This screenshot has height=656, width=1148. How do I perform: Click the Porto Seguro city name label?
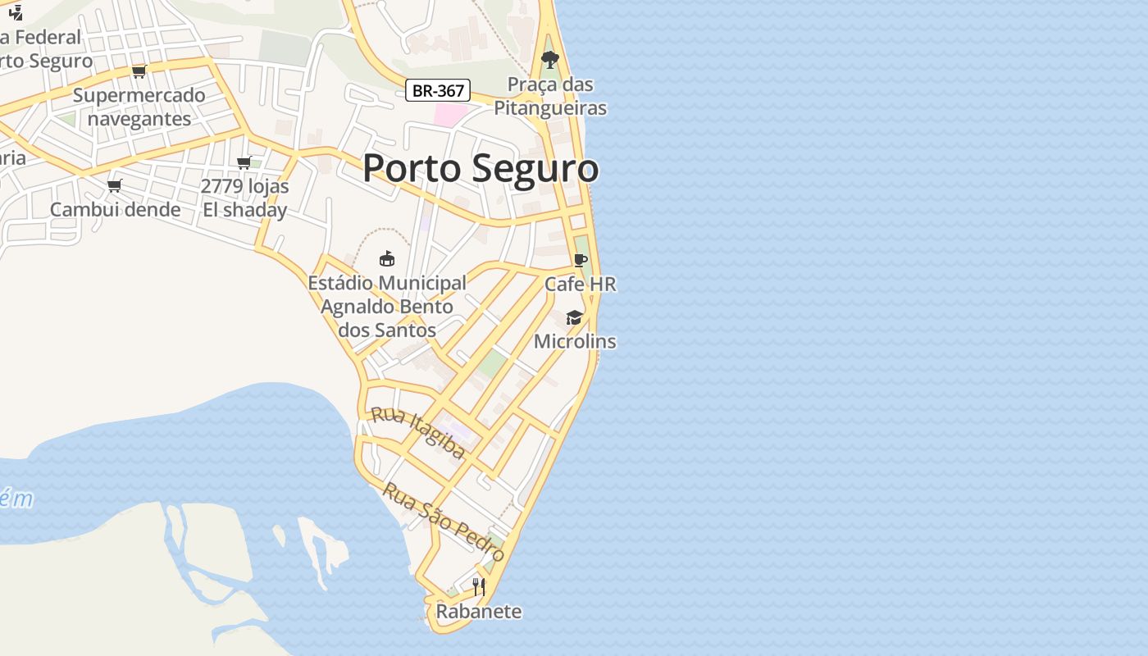481,168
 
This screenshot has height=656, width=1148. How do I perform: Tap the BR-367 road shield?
438,90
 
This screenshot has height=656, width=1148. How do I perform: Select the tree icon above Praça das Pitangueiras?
550,59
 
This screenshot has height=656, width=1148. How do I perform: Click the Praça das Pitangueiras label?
550,96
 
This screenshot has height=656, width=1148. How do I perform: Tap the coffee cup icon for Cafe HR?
581,261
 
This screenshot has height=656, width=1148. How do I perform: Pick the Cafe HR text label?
581,285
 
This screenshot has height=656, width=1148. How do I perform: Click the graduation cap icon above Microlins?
574,317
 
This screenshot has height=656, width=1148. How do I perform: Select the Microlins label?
575,341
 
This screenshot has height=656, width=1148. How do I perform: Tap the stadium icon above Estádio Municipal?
387,259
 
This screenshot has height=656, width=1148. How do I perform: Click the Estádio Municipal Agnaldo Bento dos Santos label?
387,307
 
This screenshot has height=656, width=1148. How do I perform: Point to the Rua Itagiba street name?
418,432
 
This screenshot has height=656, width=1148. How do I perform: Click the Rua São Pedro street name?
444,522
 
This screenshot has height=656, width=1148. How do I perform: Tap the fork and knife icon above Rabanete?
479,586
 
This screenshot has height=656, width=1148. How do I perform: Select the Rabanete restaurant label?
479,612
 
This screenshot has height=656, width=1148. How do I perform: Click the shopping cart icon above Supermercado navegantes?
139,72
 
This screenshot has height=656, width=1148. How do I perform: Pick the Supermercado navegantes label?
139,107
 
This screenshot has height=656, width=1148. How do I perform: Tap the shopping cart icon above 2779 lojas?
244,163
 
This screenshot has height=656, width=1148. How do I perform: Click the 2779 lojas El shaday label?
245,198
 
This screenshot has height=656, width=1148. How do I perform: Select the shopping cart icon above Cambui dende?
115,185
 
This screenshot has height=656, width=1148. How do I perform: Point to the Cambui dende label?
116,210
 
